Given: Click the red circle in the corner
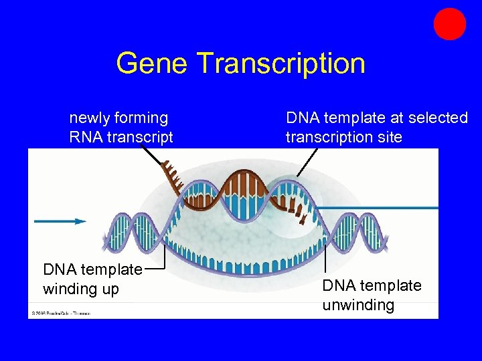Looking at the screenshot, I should tap(449, 24).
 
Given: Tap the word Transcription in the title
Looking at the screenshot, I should tap(281, 64).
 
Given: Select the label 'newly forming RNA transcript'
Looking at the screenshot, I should tap(120, 128).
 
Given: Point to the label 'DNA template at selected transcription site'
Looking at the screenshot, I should tap(376, 128).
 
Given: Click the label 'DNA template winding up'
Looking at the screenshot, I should tap(92, 279).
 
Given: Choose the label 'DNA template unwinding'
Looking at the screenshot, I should tap(372, 295).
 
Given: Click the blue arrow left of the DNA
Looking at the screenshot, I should tap(60, 221).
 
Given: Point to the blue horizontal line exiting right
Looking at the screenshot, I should tap(382, 208).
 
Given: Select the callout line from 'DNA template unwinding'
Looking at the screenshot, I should tap(325, 257).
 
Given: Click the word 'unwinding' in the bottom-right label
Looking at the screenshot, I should tap(358, 306).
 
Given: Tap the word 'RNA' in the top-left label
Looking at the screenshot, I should tap(87, 138).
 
